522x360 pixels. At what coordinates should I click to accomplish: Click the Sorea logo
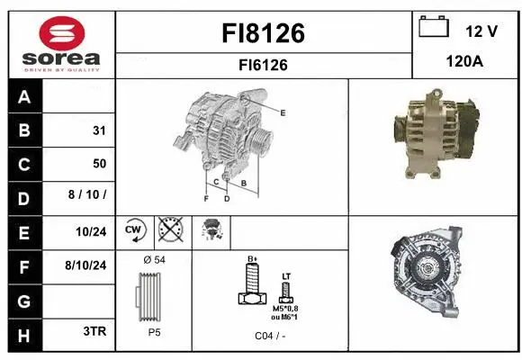click(x=58, y=42)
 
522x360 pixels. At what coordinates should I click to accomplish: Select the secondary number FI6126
click(x=263, y=65)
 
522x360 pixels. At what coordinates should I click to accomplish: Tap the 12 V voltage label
click(x=481, y=31)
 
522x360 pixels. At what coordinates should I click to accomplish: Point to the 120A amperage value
click(x=465, y=62)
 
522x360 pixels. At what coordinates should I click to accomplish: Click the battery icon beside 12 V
click(x=435, y=27)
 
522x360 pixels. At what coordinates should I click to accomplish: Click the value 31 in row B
click(x=99, y=130)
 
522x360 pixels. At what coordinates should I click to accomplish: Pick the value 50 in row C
click(x=99, y=164)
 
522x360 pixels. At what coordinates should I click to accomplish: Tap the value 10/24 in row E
click(x=93, y=231)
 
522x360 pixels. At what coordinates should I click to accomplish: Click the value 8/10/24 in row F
click(x=86, y=265)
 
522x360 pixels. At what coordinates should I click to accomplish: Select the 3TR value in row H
click(x=94, y=331)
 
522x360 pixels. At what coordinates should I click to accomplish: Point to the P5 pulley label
click(x=155, y=331)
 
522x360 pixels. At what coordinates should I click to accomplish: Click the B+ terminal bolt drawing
click(x=253, y=287)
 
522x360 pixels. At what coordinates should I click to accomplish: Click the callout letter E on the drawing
click(x=283, y=112)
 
